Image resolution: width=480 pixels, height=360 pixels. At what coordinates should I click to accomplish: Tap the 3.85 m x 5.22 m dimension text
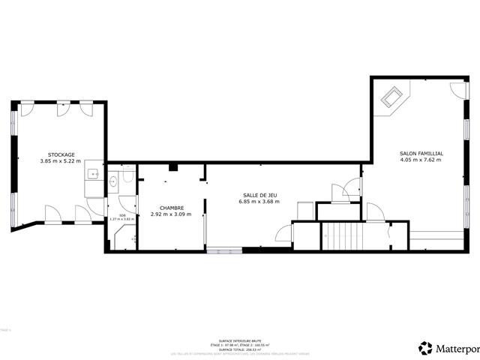61,161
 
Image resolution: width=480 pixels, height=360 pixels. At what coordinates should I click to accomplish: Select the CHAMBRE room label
171,208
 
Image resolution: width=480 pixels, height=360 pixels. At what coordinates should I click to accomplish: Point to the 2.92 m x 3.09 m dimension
171,214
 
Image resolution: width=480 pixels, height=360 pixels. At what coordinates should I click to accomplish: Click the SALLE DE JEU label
259,194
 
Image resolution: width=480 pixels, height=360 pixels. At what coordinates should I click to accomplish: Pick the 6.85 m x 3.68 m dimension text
259,201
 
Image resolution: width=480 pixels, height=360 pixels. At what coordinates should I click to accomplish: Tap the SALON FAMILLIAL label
421,153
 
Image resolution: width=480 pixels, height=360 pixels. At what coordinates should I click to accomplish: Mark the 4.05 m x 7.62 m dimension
421,160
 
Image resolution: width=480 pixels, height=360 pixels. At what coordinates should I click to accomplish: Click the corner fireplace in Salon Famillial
393,97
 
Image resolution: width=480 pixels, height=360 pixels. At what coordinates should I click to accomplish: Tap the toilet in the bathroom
128,177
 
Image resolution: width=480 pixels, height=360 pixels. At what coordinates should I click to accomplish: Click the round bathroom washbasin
113,181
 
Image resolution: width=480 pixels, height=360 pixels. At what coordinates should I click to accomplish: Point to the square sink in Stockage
93,175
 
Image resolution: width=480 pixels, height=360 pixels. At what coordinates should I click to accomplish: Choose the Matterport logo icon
425,347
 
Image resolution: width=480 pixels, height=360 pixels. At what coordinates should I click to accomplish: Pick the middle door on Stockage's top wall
64,109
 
